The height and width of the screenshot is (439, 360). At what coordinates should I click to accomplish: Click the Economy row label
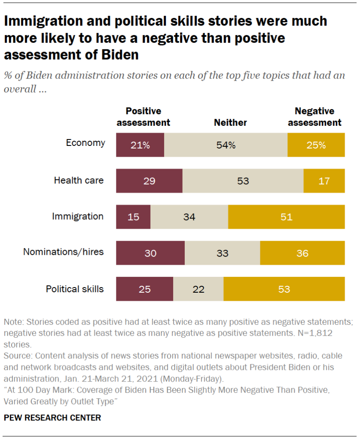[85, 143]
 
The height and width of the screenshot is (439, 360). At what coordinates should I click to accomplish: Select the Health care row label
[79, 180]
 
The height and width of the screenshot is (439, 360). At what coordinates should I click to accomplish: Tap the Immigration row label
[78, 216]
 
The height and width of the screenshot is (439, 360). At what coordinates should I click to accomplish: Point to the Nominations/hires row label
[64, 252]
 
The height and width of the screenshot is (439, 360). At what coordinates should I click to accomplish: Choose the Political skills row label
[75, 289]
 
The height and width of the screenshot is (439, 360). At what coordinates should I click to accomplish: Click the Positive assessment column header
[143, 117]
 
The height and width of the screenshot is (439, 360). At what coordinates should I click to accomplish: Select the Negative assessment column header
[314, 117]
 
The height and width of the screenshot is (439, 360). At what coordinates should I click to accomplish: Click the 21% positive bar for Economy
[140, 145]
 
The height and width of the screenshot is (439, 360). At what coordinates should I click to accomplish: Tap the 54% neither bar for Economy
[226, 145]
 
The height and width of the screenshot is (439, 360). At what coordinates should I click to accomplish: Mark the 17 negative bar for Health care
[324, 181]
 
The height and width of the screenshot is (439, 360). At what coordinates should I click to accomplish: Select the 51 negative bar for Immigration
[286, 217]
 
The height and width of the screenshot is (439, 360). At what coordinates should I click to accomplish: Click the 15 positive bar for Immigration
[133, 217]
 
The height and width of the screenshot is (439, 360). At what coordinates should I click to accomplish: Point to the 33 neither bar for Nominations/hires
[222, 253]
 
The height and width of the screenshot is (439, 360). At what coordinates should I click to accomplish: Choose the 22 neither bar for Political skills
[198, 289]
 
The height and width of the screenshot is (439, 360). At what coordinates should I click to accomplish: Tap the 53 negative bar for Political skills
[284, 289]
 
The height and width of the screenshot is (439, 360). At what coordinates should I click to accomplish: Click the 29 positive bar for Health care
[149, 181]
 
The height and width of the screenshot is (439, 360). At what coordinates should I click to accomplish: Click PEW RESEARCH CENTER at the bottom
[52, 418]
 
